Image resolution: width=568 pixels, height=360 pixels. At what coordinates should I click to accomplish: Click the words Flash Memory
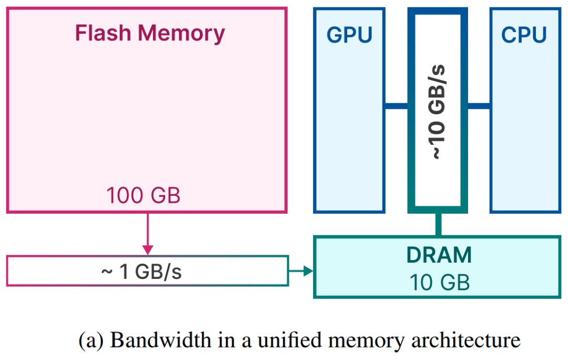pos(150,33)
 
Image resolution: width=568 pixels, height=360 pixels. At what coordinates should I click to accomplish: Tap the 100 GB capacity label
pos(143,196)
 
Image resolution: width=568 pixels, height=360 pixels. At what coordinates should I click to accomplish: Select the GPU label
pos(349,35)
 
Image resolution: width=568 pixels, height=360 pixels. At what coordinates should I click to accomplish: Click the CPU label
pos(524,35)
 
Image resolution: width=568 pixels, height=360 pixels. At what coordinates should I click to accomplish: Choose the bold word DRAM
pos(439,255)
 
